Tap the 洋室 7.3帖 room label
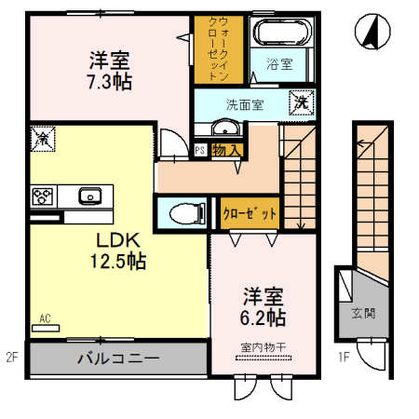pyautogui.click(x=110, y=71)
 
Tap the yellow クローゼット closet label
pyautogui.click(x=250, y=213)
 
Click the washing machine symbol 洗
pyautogui.click(x=304, y=101)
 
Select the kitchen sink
pyautogui.click(x=90, y=196)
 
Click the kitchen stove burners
pyautogui.click(x=42, y=196)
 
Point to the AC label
pyautogui.click(x=43, y=319)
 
